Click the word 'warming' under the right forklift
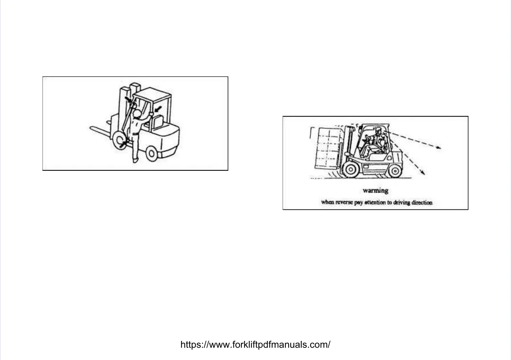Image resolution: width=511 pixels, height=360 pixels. coord(375,190)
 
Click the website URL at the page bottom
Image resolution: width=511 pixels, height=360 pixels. coord(255,345)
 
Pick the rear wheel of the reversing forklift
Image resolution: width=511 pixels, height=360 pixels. coord(394,170)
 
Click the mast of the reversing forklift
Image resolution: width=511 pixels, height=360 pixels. coord(348,143)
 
